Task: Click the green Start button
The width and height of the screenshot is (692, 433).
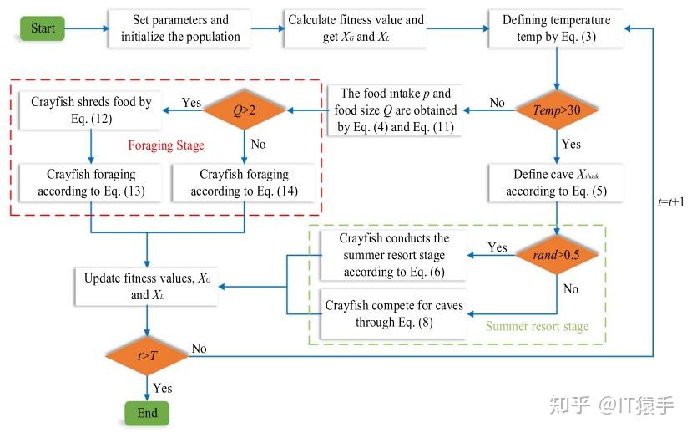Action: tap(43, 28)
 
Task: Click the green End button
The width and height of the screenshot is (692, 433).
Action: tap(147, 413)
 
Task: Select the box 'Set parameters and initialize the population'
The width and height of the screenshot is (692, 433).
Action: tap(180, 28)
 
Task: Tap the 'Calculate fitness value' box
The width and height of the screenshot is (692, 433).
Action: tap(356, 28)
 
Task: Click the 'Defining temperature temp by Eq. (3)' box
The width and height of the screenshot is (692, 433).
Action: tap(556, 28)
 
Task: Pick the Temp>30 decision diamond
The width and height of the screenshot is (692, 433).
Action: tap(556, 109)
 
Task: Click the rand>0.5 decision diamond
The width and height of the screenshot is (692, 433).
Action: tap(557, 254)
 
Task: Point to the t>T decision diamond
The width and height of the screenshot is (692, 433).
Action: tap(147, 356)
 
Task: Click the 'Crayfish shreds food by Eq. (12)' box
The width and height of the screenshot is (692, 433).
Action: tap(92, 110)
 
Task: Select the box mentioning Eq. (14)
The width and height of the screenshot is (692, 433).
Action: tap(244, 183)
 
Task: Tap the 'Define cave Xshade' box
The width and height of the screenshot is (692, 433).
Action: tap(556, 183)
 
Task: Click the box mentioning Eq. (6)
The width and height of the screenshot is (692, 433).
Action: tap(393, 255)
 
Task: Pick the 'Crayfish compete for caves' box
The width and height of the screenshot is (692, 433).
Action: tap(393, 314)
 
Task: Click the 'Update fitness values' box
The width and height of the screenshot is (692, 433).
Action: tap(147, 287)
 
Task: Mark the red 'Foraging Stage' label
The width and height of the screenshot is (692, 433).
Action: tap(167, 145)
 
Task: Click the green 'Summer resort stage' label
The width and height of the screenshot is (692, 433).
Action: tap(537, 326)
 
